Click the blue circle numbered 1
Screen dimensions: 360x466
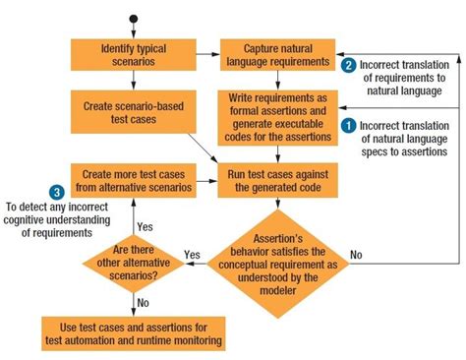coord(347,126)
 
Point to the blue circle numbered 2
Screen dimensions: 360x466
coord(347,65)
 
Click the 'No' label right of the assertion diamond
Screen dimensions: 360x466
coord(356,254)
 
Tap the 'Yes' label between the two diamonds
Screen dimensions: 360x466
coord(193,254)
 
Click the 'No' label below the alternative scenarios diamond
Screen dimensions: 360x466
coord(146,305)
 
